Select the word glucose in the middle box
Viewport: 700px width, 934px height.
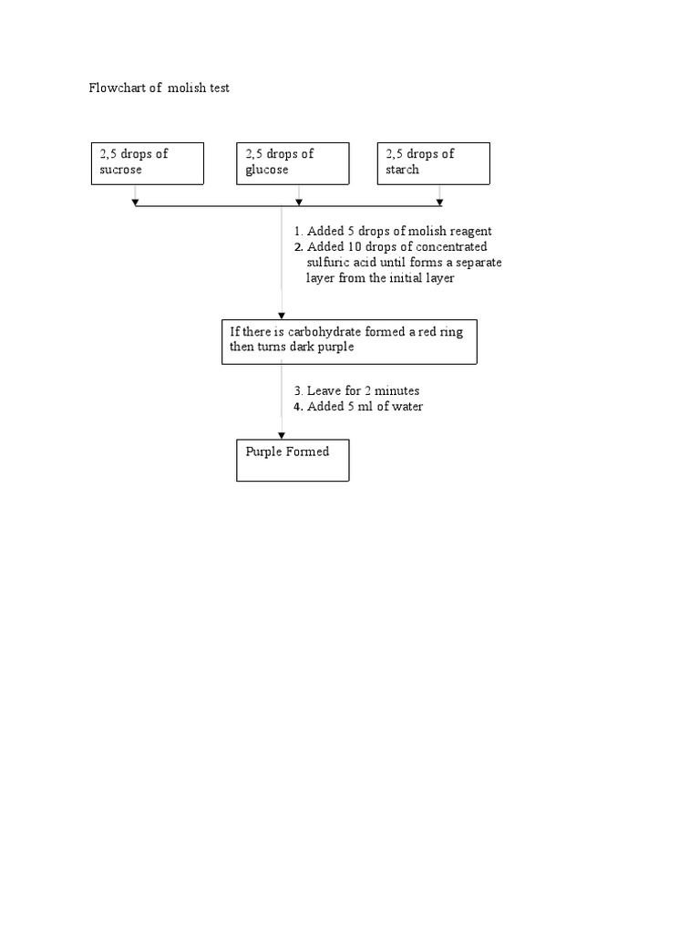click(266, 170)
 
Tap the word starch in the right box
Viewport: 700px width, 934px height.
click(402, 170)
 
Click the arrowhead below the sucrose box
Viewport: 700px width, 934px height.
click(135, 202)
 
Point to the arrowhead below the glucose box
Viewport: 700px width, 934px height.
click(299, 202)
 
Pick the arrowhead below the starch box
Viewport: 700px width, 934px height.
click(440, 202)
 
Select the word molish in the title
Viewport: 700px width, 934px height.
click(188, 88)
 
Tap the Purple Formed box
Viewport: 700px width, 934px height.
click(292, 460)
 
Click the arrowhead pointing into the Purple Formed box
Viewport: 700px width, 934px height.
click(282, 434)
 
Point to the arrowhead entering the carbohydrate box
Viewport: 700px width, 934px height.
click(282, 316)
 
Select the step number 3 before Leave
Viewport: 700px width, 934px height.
click(297, 390)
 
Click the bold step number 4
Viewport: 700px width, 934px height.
click(297, 407)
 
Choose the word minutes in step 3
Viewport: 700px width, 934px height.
click(397, 390)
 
